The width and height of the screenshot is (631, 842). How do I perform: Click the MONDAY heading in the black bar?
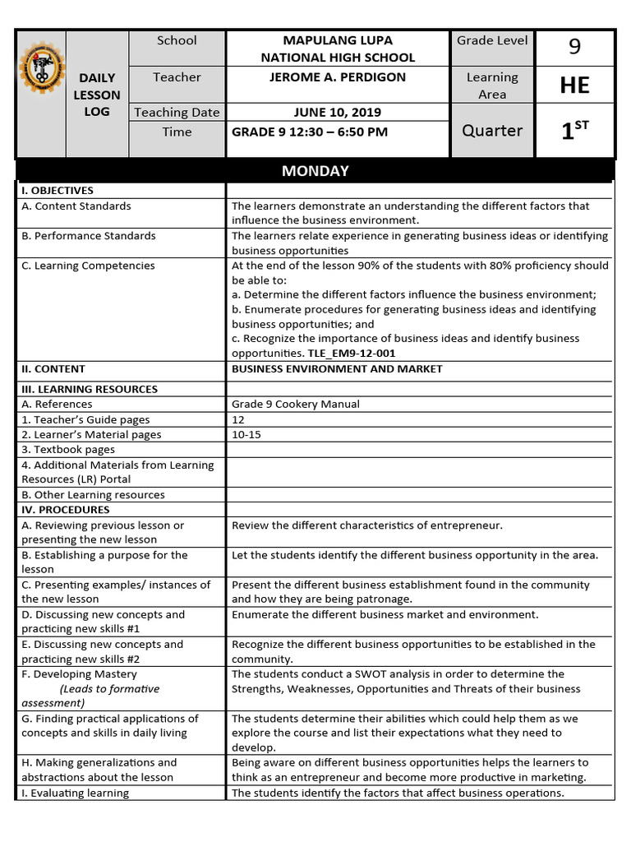pos(315,171)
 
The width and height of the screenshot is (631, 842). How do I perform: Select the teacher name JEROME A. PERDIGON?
pos(338,77)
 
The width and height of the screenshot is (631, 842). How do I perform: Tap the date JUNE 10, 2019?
pos(338,113)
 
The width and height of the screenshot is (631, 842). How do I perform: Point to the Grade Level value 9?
pos(574,48)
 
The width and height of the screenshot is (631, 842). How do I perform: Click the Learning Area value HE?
pos(574,85)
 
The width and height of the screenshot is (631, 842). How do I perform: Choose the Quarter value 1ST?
pos(574,131)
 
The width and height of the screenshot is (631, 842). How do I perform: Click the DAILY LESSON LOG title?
pos(97,95)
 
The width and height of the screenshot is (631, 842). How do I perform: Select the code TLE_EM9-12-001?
pos(352,354)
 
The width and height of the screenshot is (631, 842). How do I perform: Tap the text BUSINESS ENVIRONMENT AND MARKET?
pos(337,369)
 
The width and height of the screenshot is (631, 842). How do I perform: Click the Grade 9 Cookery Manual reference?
pos(296,404)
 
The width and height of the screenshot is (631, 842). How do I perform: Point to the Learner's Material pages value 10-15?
pos(246,434)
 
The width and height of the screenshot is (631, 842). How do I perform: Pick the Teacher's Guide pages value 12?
pos(238,419)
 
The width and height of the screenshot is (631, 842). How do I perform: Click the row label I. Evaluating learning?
pos(75,793)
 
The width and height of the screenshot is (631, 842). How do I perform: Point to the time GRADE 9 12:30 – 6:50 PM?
pos(310,132)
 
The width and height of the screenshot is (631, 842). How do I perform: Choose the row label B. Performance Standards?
pos(88,236)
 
